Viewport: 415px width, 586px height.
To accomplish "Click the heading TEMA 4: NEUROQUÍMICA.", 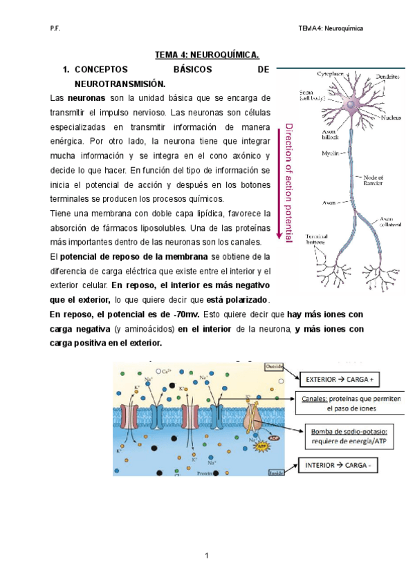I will tap(207, 54).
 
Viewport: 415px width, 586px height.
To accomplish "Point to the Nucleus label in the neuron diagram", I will tap(392, 117).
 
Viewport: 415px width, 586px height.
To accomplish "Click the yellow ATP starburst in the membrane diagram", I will tap(262, 447).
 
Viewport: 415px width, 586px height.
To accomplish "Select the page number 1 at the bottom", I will tap(207, 556).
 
